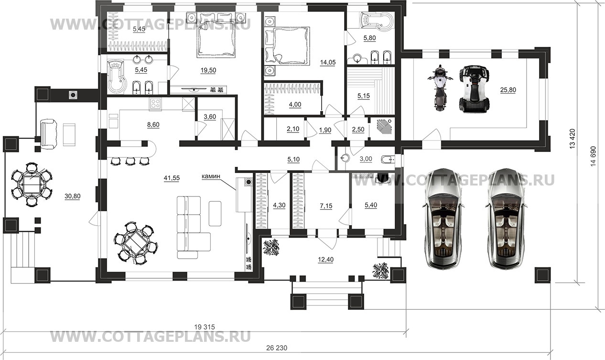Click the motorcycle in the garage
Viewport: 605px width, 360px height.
click(x=440, y=88)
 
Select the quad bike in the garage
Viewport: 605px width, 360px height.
click(x=474, y=88)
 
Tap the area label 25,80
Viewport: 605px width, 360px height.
click(x=508, y=90)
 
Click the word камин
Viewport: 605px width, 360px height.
click(x=211, y=176)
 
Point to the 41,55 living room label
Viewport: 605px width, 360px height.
click(x=172, y=178)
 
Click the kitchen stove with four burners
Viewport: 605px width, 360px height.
click(x=155, y=104)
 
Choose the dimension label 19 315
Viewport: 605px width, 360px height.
click(x=205, y=327)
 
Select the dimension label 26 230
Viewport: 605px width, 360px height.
click(x=277, y=348)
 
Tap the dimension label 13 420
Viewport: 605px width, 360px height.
click(x=572, y=139)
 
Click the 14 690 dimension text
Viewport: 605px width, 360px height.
click(x=593, y=156)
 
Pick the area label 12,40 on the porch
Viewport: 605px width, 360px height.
click(x=325, y=260)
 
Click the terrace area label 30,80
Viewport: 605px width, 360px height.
click(x=72, y=196)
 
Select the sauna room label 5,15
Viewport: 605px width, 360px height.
click(x=364, y=96)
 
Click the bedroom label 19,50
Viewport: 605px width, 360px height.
click(x=208, y=70)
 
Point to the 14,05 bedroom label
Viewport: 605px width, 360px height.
click(x=328, y=63)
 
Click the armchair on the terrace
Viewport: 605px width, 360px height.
click(x=49, y=134)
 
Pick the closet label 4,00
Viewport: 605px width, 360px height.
click(x=295, y=105)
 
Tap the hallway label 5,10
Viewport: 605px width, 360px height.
click(x=293, y=160)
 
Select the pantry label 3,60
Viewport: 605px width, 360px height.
click(x=210, y=117)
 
